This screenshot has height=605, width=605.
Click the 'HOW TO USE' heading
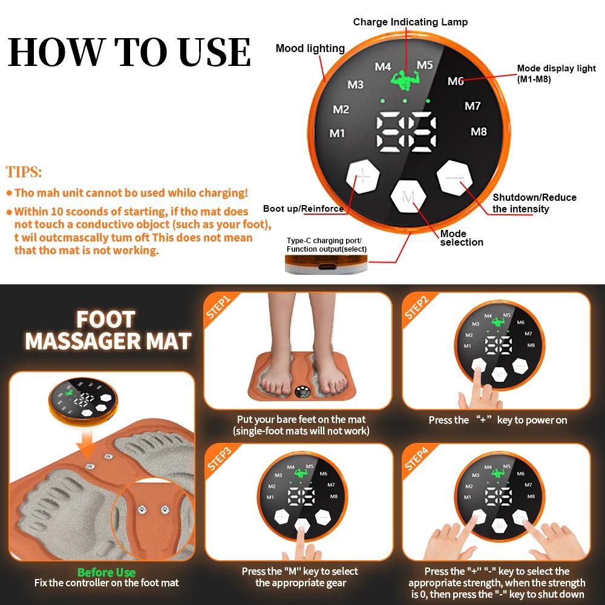click(x=129, y=52)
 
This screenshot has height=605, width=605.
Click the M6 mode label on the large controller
click(x=456, y=81)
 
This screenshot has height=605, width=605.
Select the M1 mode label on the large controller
click(x=337, y=133)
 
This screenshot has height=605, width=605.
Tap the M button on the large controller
click(x=409, y=197)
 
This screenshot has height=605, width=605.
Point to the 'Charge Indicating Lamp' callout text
click(x=410, y=22)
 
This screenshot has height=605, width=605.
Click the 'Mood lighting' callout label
click(x=310, y=48)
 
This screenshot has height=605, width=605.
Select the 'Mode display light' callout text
click(x=555, y=73)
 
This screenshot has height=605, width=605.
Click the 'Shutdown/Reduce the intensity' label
click(x=534, y=203)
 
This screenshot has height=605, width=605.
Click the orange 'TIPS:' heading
click(x=24, y=172)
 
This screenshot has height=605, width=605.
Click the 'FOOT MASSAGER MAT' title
click(x=108, y=330)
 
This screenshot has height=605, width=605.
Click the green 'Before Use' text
click(x=106, y=572)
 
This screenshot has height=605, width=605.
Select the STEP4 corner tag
click(x=417, y=458)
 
